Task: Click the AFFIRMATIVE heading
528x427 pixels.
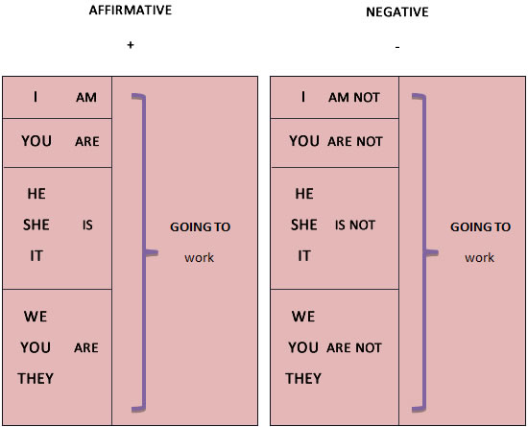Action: click(x=131, y=11)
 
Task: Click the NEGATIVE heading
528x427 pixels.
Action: click(x=397, y=12)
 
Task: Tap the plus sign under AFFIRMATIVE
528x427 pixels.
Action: click(x=131, y=45)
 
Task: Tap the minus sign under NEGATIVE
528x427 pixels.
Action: click(x=397, y=47)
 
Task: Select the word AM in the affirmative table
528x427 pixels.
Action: click(x=86, y=98)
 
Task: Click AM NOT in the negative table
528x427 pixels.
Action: click(x=354, y=98)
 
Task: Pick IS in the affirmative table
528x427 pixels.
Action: click(x=87, y=225)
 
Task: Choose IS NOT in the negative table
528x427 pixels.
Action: click(x=355, y=225)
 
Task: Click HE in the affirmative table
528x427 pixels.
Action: click(x=36, y=194)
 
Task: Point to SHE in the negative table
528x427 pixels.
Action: click(x=304, y=225)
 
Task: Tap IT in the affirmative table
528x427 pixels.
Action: click(x=36, y=256)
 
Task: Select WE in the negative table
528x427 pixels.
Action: click(x=303, y=317)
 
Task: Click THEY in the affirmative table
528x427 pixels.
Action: click(x=36, y=379)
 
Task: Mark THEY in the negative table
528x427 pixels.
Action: click(x=303, y=379)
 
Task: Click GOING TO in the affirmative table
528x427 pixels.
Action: click(x=201, y=227)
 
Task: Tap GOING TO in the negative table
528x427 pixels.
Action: click(x=481, y=227)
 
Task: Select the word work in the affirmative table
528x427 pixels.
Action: click(x=199, y=258)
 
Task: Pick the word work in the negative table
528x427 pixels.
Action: click(x=479, y=258)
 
